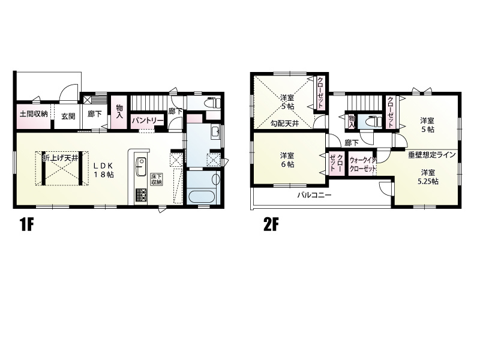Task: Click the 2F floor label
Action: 271,226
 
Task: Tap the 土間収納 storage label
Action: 34,115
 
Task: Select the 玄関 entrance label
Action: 68,116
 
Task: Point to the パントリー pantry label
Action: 147,121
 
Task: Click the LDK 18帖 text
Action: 104,170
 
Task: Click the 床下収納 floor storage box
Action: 156,179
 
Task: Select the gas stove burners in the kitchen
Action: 141,196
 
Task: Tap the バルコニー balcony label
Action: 314,195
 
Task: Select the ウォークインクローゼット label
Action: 363,164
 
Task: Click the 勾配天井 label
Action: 284,124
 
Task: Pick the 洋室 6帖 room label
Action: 287,160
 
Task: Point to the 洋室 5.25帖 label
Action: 428,177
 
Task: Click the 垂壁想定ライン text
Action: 432,155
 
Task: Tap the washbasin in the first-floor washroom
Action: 215,132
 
